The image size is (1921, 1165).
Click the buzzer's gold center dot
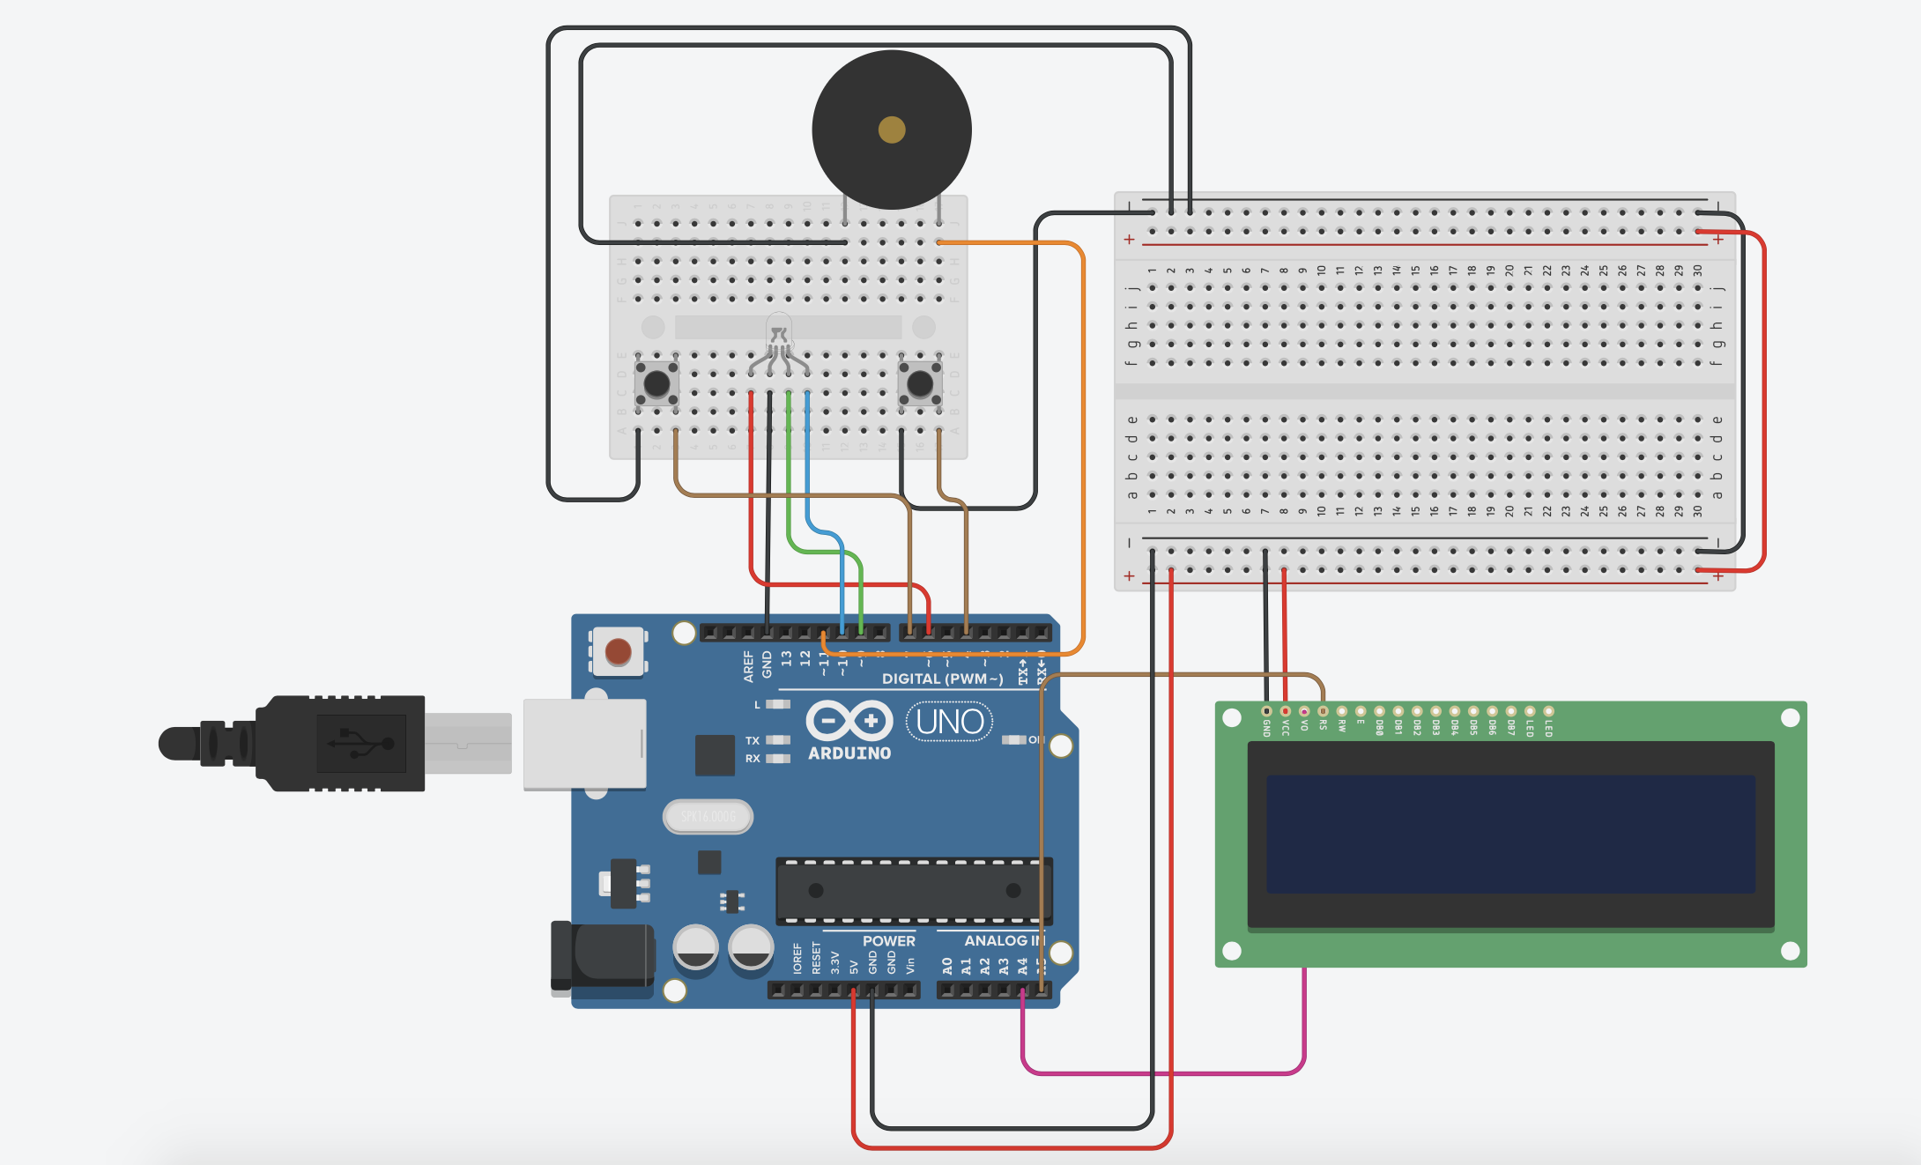892,130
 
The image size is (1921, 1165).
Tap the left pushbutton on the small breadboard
656,383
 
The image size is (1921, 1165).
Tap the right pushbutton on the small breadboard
920,383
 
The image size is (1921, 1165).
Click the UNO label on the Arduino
949,722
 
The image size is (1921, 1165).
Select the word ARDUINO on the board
849,753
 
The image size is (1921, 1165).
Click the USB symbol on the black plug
360,743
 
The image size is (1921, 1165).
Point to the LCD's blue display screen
1510,834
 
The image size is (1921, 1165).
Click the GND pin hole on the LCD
1266,711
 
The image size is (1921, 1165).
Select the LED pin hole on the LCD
1548,711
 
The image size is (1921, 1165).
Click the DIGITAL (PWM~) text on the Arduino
942,679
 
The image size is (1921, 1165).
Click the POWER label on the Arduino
888,940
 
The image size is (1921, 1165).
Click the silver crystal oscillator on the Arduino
708,816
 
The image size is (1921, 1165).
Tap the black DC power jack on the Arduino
604,956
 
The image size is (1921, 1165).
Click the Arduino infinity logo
849,721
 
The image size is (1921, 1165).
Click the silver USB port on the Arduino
584,744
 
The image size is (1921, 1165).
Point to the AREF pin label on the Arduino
748,666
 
